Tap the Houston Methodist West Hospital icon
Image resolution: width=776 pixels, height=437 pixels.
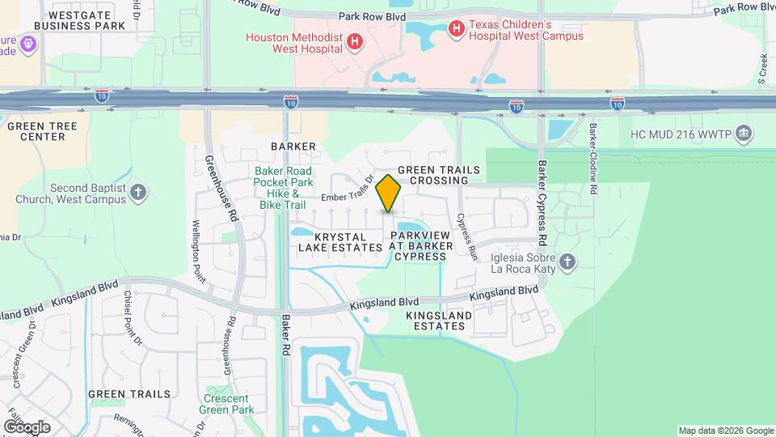coord(353,42)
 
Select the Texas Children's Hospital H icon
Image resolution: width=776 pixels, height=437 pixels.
coord(456,29)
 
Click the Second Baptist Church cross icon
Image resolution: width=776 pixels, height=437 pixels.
coord(139,192)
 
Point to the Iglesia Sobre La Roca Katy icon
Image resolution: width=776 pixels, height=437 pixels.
coord(568,261)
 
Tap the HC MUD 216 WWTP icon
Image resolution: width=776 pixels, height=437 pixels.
coord(744,132)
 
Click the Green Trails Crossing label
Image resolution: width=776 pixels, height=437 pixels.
coord(439,175)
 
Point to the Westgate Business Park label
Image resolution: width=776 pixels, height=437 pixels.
coord(87,20)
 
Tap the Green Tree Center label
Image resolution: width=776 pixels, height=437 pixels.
coord(36,131)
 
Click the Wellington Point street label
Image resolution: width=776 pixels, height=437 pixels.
coord(197,251)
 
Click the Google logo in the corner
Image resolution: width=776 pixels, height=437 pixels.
coord(26,426)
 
